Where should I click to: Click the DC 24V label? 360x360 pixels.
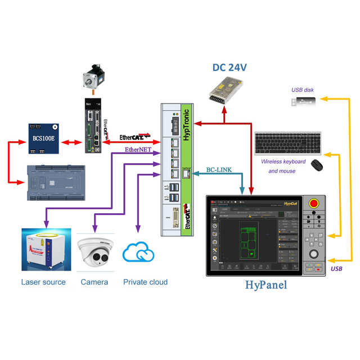[230, 68]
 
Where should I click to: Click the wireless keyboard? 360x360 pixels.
[287, 143]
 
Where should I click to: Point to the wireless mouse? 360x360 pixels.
[317, 165]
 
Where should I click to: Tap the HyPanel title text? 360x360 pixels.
[265, 285]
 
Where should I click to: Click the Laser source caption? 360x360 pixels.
[43, 282]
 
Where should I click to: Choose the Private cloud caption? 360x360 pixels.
[145, 282]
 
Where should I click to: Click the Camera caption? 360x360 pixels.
[94, 282]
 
